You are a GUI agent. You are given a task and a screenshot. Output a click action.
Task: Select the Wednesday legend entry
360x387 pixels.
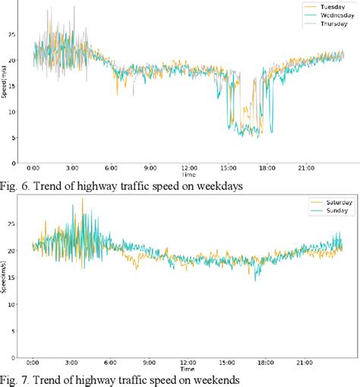click(328, 15)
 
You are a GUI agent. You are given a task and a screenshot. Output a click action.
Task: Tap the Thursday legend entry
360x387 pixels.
click(327, 24)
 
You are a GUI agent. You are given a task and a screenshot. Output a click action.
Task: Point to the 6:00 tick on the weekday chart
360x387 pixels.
click(111, 168)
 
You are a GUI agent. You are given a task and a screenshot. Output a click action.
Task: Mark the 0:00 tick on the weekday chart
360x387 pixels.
click(33, 168)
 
